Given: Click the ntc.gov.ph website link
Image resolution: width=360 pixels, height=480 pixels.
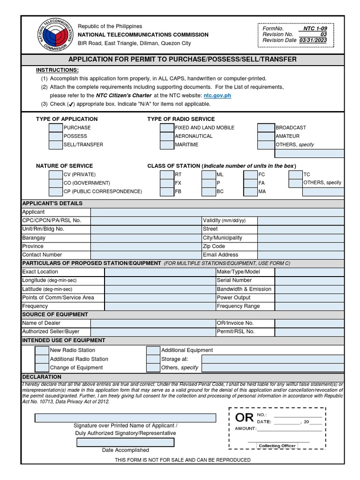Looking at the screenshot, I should point(217,95).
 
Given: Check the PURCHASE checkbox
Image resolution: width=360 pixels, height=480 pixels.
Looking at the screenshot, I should point(56,127).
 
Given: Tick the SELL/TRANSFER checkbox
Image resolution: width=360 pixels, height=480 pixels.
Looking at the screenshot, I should point(56,145).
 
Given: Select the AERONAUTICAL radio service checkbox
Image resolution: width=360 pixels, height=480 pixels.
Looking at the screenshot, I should point(167,136).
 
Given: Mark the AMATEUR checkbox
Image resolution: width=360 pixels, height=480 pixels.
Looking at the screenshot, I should point(266,136).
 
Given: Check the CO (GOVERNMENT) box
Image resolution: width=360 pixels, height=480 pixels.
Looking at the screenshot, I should point(56,183).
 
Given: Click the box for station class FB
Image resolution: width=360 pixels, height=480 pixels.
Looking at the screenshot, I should point(167,191).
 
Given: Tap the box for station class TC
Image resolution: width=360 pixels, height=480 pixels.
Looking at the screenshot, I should point(295,174).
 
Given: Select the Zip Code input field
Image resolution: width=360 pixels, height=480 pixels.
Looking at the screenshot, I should point(300,246).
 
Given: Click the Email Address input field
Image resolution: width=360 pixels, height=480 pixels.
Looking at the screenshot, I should point(300,255).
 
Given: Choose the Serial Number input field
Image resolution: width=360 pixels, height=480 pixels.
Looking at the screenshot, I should point(309,280).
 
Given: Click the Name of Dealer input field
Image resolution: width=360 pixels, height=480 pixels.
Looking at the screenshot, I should point(146,323).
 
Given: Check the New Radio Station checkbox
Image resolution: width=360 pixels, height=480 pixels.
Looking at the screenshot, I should point(42,351).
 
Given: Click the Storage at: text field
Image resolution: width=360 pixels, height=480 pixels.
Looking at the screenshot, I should point(273,359).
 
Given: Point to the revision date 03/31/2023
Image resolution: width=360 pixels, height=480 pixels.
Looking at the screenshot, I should point(314,40).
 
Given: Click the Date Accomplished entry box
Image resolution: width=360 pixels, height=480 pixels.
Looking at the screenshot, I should point(125,442).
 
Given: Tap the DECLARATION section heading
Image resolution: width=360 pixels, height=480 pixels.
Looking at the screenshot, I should point(42,377).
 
